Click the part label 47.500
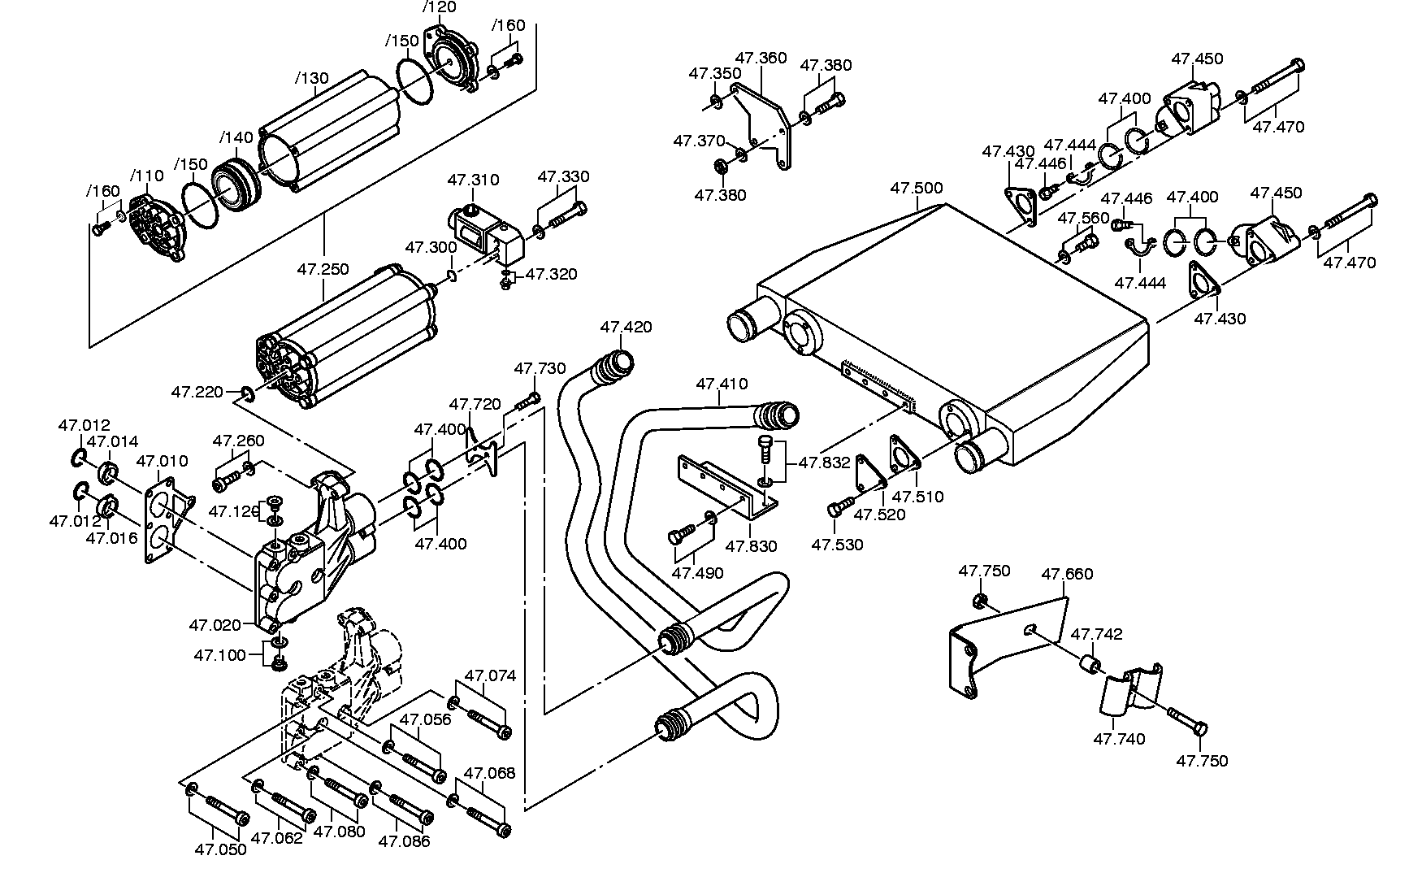click(917, 188)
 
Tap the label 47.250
click(323, 267)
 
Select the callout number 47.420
click(626, 327)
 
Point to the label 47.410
click(722, 383)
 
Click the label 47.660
click(1068, 574)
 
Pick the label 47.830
click(752, 546)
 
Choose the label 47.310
click(474, 180)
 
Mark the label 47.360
click(761, 58)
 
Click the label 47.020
click(215, 625)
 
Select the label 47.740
click(1120, 739)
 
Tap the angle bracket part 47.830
click(727, 489)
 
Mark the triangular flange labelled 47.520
click(870, 474)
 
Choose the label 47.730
click(540, 368)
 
